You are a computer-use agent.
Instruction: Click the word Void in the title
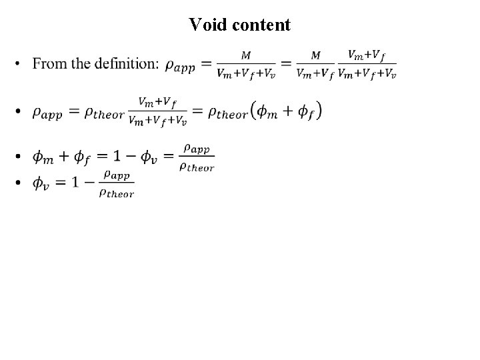(x=205, y=25)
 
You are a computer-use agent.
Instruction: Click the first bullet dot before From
(x=19, y=65)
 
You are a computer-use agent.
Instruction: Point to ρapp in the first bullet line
(x=180, y=65)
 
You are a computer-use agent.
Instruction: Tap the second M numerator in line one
(x=315, y=55)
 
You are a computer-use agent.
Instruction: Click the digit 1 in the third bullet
(x=116, y=157)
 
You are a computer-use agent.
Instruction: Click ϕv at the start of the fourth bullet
(x=41, y=183)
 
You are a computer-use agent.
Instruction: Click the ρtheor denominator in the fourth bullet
(x=117, y=193)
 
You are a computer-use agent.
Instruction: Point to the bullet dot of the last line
(x=19, y=183)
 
